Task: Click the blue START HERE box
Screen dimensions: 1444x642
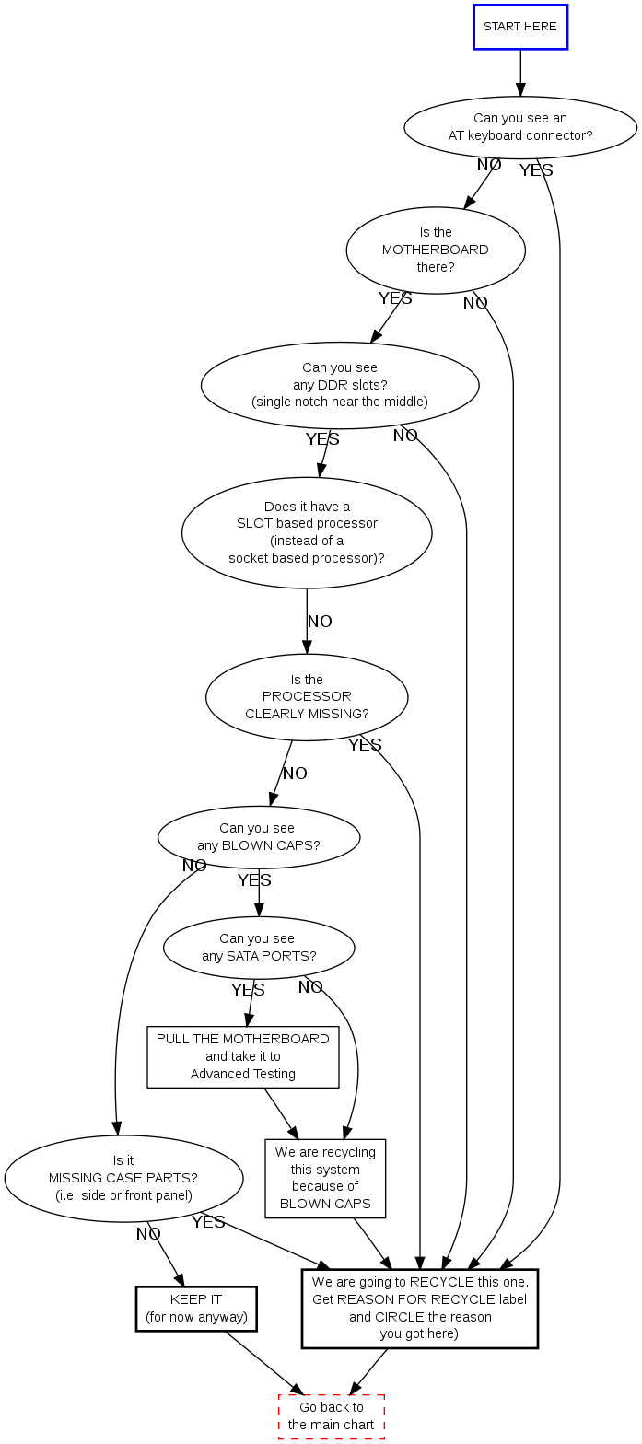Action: [520, 27]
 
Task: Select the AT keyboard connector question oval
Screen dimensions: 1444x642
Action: [520, 127]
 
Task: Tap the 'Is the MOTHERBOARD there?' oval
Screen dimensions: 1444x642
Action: [436, 250]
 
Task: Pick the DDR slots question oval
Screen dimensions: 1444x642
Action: [340, 385]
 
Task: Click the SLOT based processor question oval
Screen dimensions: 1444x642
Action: [307, 532]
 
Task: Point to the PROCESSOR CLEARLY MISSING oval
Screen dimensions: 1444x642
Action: [307, 697]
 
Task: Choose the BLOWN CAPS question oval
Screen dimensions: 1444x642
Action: [259, 837]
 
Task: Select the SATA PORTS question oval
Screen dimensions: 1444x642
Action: [259, 948]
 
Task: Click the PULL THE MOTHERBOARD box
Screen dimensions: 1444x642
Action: [243, 1056]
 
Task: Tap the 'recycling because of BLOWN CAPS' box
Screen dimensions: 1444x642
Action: [325, 1178]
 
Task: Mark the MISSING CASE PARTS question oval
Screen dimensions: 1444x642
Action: [123, 1179]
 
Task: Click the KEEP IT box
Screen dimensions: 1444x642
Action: [196, 1309]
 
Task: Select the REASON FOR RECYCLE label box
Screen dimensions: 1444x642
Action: [420, 1309]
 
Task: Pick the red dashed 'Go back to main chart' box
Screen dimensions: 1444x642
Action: [332, 1416]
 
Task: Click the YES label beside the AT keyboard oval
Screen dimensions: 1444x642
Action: [536, 170]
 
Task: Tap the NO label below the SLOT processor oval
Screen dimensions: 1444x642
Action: [320, 622]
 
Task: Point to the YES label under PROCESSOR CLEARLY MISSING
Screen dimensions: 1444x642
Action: [365, 745]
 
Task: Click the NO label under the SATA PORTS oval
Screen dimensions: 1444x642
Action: [310, 987]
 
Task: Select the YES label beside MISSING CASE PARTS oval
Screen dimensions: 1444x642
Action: [208, 1222]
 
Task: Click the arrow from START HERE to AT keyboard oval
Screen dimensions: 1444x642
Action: [520, 73]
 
